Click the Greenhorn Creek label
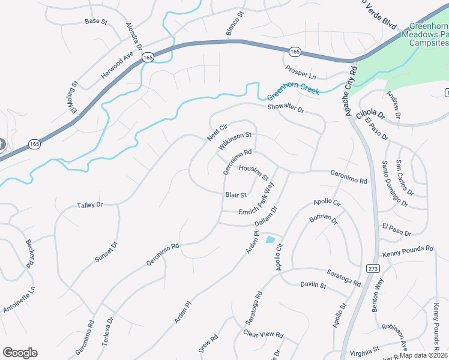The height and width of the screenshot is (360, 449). pyautogui.click(x=293, y=91)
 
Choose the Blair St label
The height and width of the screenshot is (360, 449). pyautogui.click(x=236, y=195)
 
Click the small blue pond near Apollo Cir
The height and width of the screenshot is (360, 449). pyautogui.click(x=270, y=240)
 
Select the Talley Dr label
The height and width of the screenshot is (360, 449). pyautogui.click(x=90, y=205)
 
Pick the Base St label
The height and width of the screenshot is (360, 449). pyautogui.click(x=95, y=22)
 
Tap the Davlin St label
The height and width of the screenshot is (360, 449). pyautogui.click(x=313, y=286)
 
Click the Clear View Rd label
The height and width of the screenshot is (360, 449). pyautogui.click(x=263, y=334)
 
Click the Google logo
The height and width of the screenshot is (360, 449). pyautogui.click(x=20, y=353)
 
